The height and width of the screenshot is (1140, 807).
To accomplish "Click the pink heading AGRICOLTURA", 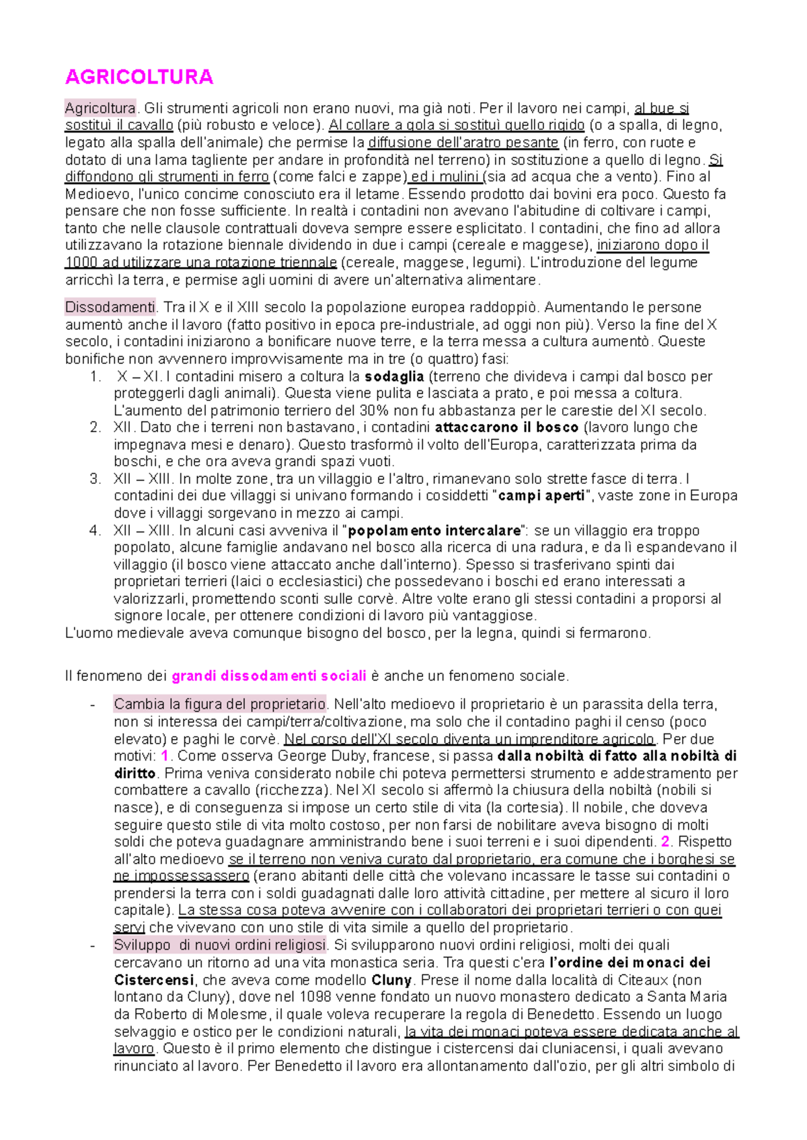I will tap(139, 77).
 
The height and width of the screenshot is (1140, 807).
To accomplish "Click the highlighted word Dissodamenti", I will tap(110, 308).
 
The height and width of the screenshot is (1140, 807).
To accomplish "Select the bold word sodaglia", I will tap(394, 376).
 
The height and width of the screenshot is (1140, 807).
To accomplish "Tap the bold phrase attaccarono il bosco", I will tap(506, 427).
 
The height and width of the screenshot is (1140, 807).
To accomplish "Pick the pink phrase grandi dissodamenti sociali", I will tap(269, 676).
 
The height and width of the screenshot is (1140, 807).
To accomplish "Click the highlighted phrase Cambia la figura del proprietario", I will tap(219, 705).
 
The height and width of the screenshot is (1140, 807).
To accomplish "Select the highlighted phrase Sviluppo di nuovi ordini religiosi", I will tap(219, 945).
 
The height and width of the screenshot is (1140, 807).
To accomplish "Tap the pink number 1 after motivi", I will tap(165, 756).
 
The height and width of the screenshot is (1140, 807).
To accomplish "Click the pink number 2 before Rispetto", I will tap(665, 842).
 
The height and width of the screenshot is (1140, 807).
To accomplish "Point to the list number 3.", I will tap(95, 479).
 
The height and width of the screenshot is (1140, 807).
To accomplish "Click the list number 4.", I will tap(95, 530).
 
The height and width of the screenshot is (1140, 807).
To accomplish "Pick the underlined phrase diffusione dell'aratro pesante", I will tap(463, 143).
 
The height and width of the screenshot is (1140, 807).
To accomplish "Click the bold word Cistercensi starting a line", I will tap(154, 980).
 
